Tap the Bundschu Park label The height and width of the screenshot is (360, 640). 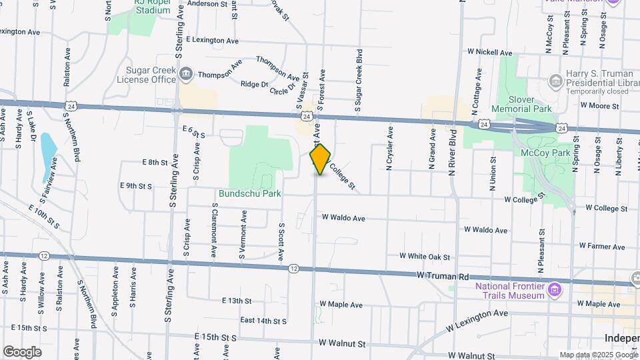point(250,194)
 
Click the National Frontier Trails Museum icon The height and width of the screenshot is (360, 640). point(555,289)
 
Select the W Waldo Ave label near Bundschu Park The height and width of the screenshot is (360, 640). point(343,217)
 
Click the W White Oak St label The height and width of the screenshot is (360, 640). point(425,256)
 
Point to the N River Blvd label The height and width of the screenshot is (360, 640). point(453,152)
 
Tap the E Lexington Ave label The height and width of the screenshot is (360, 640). point(212,41)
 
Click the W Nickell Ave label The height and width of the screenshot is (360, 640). point(489,52)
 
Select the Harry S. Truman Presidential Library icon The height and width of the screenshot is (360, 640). point(555,81)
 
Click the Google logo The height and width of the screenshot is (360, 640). point(21,351)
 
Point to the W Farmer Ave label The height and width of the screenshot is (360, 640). point(601,247)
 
